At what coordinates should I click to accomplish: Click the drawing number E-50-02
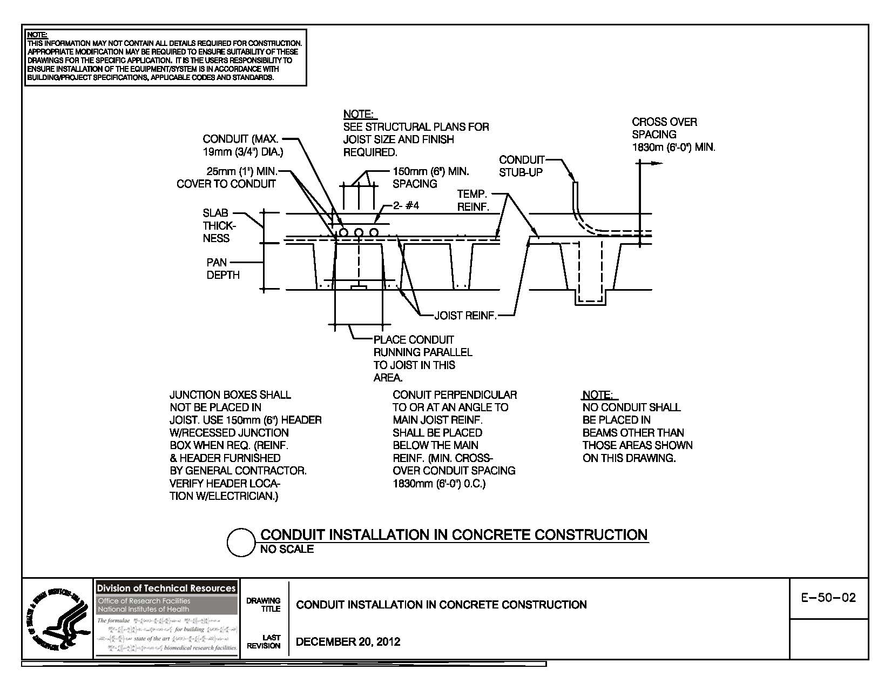click(x=829, y=598)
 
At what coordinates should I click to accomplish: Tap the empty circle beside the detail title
click(x=240, y=543)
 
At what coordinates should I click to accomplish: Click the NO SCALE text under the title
click(x=287, y=550)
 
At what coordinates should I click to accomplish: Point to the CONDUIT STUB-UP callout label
click(x=521, y=166)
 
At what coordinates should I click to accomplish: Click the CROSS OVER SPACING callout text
click(x=673, y=135)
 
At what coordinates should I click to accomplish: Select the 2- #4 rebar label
click(x=406, y=206)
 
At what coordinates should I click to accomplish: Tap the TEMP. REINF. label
click(x=473, y=200)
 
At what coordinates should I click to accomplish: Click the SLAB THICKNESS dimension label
click(x=216, y=226)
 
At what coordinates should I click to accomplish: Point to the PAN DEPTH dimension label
click(x=222, y=269)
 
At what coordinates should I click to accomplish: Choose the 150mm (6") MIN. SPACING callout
click(x=430, y=178)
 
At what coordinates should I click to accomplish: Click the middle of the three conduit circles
click(x=358, y=232)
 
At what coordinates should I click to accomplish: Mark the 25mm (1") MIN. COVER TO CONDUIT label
click(x=227, y=178)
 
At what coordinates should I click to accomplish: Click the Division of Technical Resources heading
click(x=166, y=588)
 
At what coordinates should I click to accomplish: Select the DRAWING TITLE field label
click(x=264, y=605)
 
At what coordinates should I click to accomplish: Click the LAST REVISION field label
click(x=264, y=642)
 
